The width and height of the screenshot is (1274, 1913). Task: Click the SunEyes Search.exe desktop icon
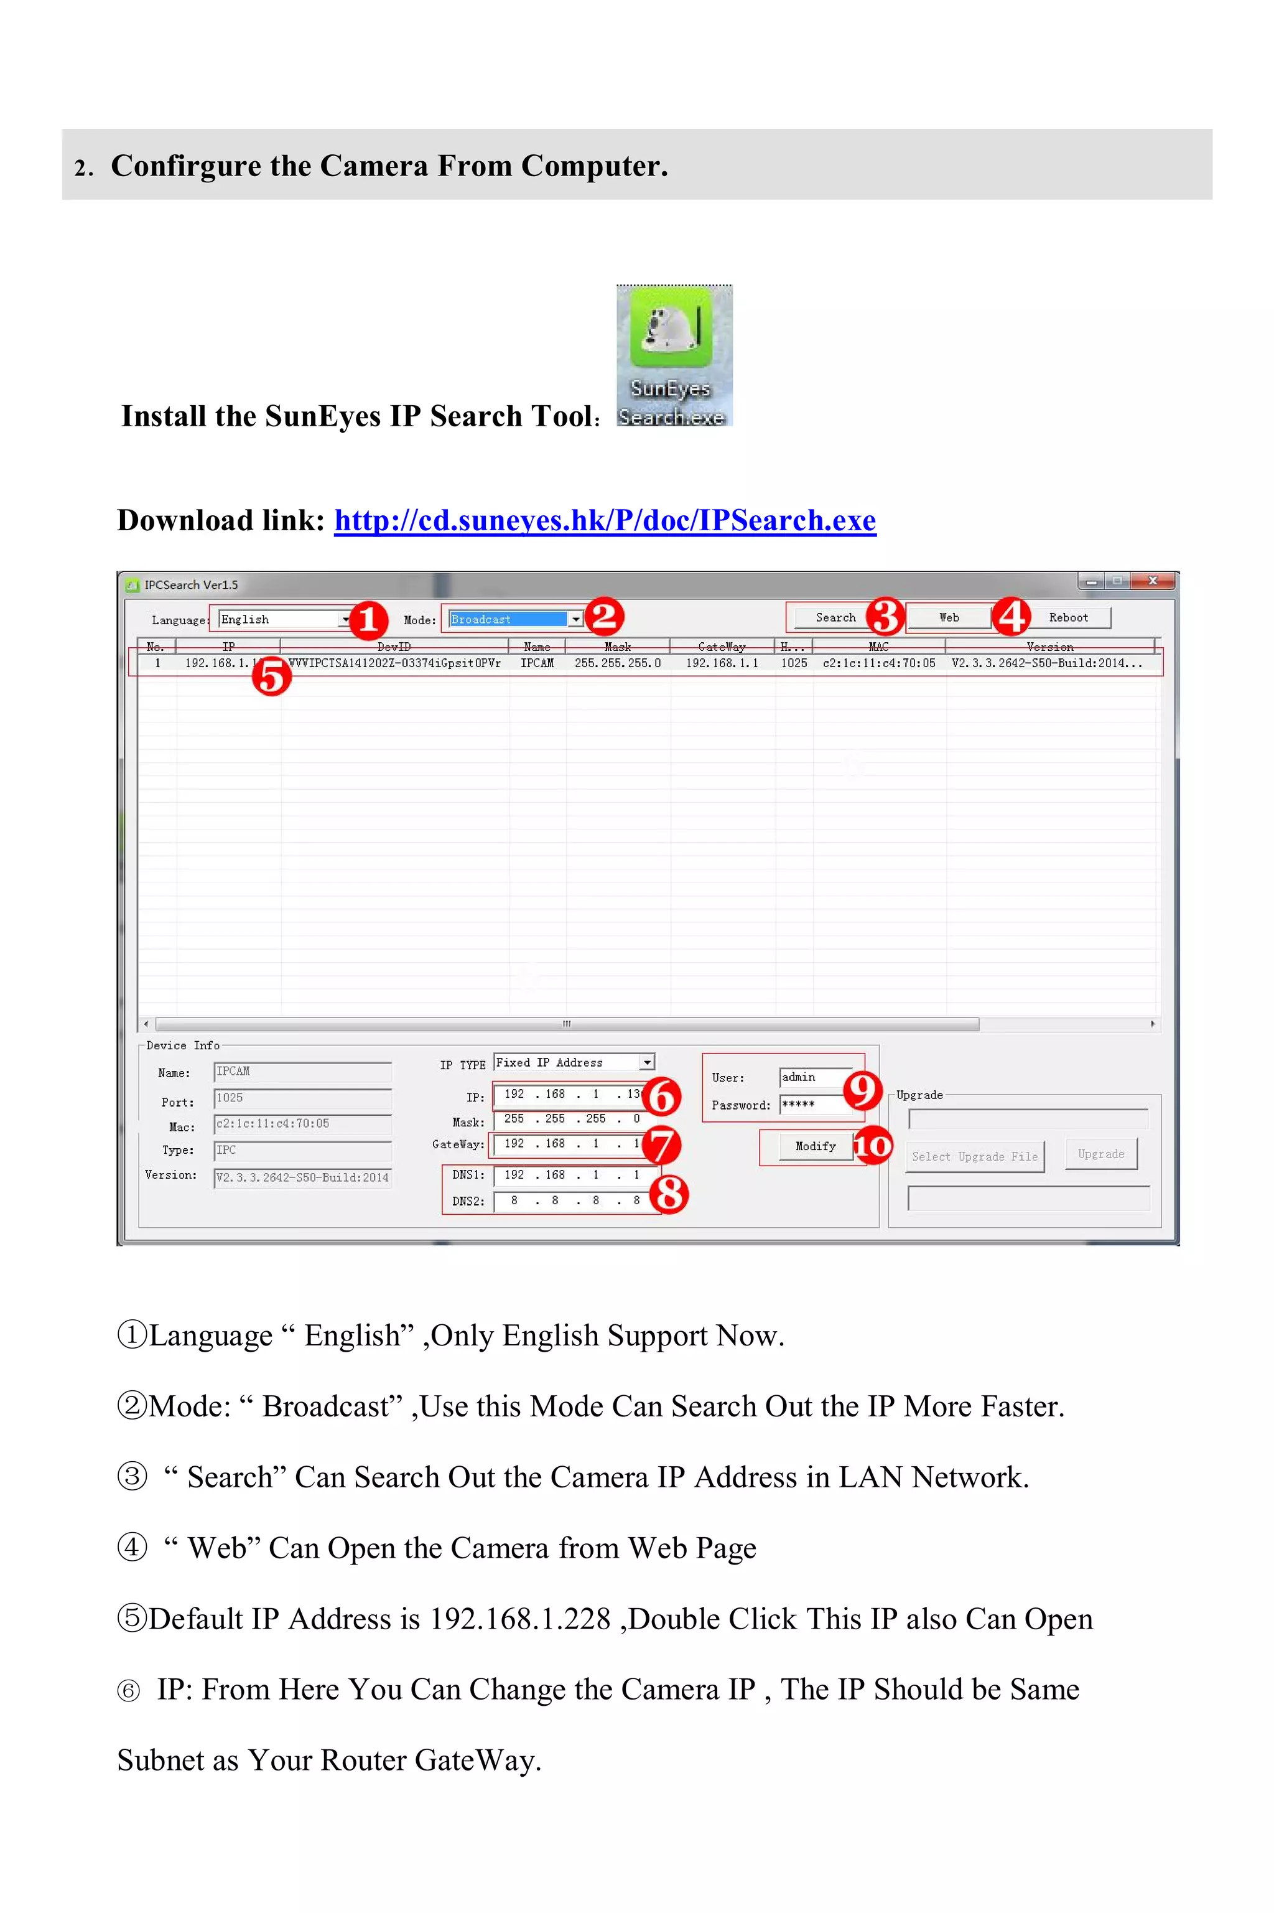674,355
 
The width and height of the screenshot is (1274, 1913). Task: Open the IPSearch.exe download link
605,520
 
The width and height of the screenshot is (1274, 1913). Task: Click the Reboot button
1067,617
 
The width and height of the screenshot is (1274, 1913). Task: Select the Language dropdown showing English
284,619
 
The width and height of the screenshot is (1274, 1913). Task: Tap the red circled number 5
271,675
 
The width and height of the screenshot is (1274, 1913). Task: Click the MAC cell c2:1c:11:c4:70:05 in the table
878,663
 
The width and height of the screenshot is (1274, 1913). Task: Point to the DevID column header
393,647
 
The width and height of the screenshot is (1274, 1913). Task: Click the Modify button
815,1146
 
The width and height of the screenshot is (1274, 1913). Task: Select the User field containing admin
815,1077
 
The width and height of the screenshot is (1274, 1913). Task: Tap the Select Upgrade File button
974,1156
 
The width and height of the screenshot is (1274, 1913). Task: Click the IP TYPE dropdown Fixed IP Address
574,1062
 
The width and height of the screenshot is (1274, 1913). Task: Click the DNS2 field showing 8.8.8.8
574,1200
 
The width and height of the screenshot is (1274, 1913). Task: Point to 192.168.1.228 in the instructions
520,1619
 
